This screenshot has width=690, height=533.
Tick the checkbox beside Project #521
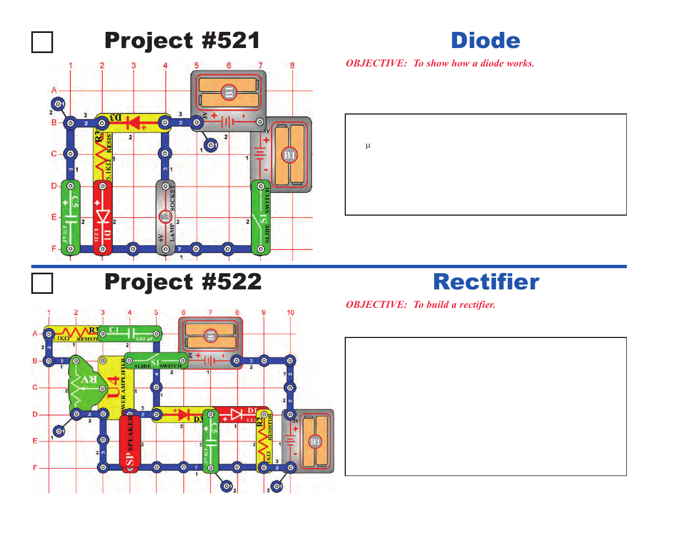[x=42, y=42]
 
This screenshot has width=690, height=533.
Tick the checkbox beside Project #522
[x=42, y=283]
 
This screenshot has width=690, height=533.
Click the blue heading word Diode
[x=485, y=41]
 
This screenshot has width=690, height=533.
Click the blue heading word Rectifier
[x=486, y=282]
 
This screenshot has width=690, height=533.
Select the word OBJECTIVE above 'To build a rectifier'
[x=376, y=304]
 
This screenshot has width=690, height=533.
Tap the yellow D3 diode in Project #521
[x=133, y=122]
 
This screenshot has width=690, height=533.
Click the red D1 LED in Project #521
[x=102, y=217]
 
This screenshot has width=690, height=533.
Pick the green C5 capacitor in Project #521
[x=70, y=217]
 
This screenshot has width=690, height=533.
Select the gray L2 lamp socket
[x=165, y=217]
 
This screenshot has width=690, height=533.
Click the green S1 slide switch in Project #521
[x=260, y=217]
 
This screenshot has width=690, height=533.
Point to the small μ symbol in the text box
[x=368, y=146]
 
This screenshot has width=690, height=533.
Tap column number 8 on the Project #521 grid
[x=292, y=65]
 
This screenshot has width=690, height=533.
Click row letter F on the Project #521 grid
[x=54, y=249]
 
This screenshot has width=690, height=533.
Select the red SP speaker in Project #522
[x=130, y=443]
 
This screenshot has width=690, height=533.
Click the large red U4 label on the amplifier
[x=114, y=387]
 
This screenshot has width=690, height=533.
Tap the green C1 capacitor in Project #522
[x=130, y=334]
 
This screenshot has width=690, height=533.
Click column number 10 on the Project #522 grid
[x=291, y=312]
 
